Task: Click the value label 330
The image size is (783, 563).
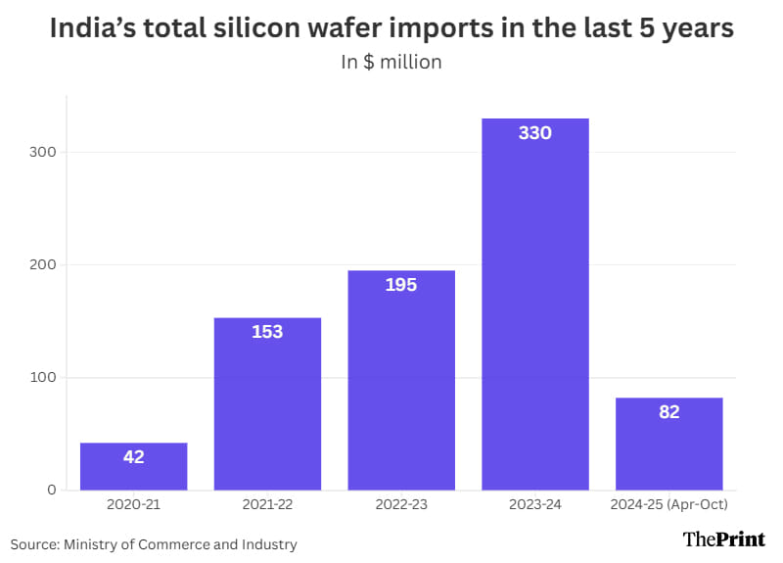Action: [535, 133]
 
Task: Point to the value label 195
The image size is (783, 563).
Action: [401, 285]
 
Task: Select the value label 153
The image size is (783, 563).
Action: [267, 332]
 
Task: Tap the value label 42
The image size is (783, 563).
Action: [133, 456]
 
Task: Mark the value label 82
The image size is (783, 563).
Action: [668, 412]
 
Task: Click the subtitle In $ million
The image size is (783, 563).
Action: [391, 63]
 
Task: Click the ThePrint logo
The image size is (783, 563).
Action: [724, 540]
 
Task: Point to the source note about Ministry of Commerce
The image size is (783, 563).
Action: [154, 543]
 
